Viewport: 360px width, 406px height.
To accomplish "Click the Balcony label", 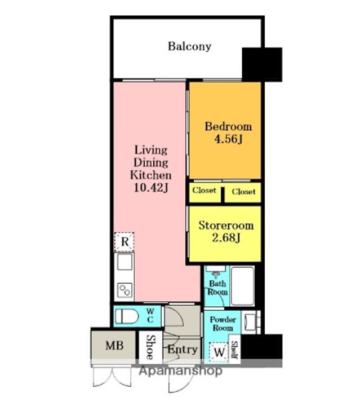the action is (x=189, y=47).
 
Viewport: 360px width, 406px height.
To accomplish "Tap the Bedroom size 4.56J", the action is (x=228, y=139).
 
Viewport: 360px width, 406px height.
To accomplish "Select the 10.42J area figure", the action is (x=151, y=187).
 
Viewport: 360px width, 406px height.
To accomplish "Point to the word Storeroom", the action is (x=226, y=226).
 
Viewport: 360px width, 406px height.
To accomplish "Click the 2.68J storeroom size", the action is (x=226, y=237).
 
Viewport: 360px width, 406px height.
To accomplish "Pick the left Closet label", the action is (x=204, y=191).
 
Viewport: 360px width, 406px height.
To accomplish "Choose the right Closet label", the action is (x=243, y=192).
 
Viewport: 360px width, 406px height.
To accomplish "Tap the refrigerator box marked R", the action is (x=125, y=242).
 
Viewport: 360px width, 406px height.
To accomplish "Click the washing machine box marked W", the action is (x=219, y=352).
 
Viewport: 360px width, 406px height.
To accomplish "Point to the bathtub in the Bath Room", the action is (x=243, y=286).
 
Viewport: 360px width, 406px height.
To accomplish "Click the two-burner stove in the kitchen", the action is (x=125, y=290).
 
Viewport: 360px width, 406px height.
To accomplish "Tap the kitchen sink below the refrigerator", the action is (x=125, y=262).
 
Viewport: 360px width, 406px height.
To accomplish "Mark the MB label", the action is (x=114, y=346).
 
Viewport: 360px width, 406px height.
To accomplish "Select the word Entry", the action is (x=183, y=350).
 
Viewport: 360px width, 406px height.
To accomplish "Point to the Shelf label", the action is (x=235, y=350).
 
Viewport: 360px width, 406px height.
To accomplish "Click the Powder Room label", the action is (x=223, y=324).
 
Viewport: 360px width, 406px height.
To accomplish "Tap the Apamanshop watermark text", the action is (x=180, y=371).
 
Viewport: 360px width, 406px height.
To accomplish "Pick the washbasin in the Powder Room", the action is (x=250, y=321).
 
